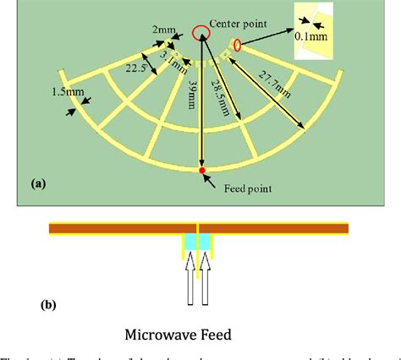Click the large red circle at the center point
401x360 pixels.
click(201, 33)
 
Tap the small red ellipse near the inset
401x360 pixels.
click(238, 45)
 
